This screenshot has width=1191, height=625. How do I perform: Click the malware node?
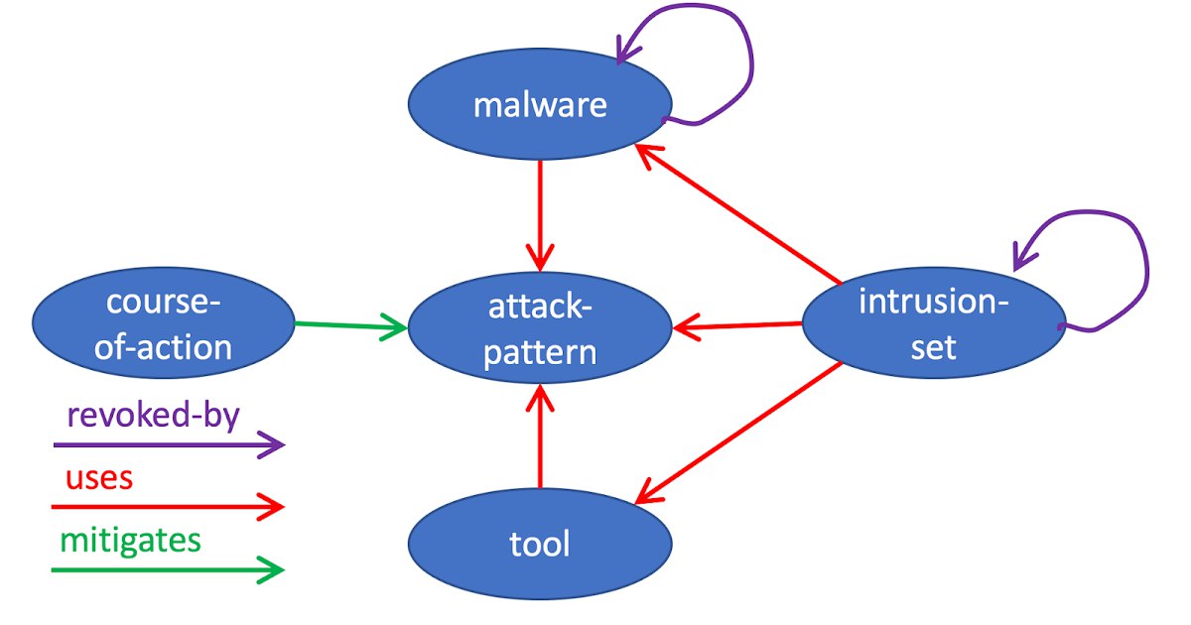540,104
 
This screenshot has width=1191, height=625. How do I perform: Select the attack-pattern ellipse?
540,328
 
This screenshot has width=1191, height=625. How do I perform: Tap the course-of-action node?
163,323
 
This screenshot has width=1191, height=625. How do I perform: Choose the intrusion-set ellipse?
934,323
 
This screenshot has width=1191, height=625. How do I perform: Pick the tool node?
540,544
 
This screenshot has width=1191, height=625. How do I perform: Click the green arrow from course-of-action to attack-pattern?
351,325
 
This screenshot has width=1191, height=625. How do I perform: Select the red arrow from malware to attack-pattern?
540,216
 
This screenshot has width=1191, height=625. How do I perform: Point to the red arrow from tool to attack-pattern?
540,437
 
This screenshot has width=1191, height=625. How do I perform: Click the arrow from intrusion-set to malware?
738,214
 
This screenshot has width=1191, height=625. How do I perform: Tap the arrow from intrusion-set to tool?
738,433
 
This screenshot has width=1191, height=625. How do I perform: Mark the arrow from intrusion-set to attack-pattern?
737,325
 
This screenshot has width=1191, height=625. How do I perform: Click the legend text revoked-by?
154,415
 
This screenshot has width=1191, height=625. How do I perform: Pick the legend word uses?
99,478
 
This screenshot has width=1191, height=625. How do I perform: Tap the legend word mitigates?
131,541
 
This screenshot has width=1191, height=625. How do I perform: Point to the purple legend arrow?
169,444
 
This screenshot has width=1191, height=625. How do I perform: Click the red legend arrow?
168,507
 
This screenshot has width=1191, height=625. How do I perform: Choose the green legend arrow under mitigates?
168,569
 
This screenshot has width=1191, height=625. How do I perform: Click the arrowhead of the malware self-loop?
625,51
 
